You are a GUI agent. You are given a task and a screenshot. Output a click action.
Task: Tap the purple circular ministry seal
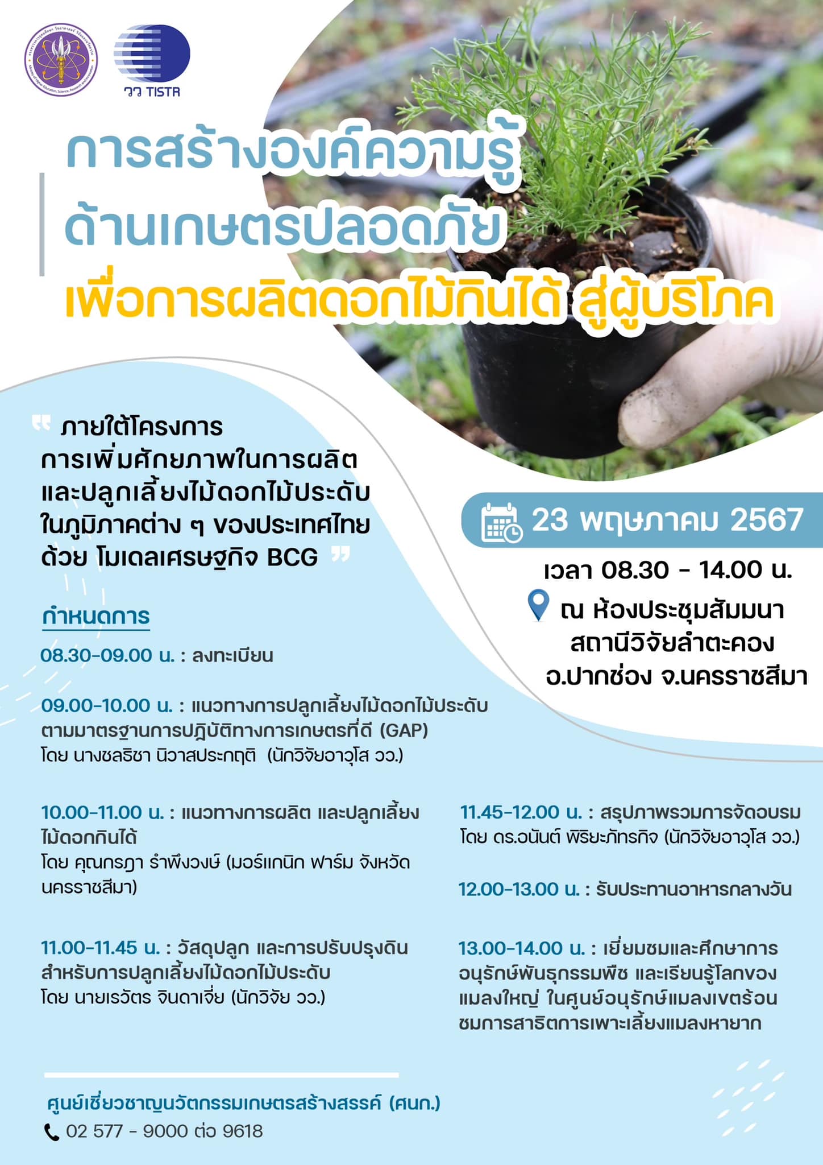point(61,60)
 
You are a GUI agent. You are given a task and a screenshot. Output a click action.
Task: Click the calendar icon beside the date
point(502,522)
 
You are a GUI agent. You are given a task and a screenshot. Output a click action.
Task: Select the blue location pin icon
point(538,605)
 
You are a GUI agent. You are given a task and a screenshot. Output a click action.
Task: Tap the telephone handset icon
point(52,1132)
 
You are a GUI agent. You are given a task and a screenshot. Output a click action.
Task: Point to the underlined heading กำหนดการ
point(96,617)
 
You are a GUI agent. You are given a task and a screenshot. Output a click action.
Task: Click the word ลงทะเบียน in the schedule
point(232,656)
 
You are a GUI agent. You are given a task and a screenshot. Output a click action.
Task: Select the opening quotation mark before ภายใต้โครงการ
point(41,424)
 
